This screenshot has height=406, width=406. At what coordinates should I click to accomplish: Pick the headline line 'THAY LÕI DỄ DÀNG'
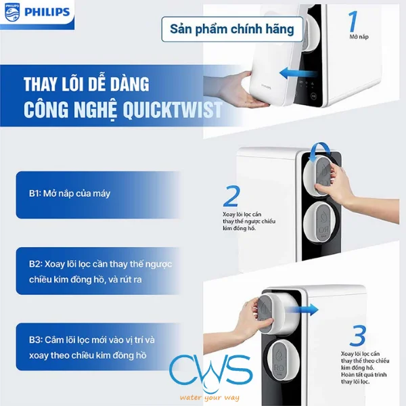tap(87, 85)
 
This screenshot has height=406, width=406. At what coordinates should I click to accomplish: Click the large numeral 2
tap(231, 197)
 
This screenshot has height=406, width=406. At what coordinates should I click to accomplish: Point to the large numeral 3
tap(359, 336)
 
